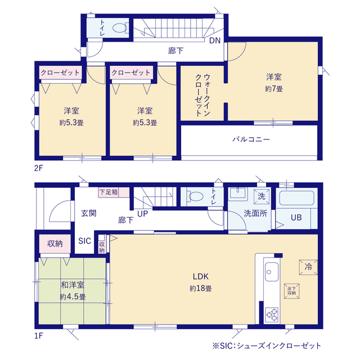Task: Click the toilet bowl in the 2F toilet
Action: (120, 28)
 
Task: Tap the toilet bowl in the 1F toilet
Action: (196, 196)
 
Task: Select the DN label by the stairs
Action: (215, 40)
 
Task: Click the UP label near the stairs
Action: (142, 214)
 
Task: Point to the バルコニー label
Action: (251, 139)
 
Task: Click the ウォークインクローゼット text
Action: (202, 95)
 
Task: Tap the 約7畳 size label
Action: (274, 89)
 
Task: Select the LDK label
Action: (200, 276)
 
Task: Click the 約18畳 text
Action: (200, 289)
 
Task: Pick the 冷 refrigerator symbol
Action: (308, 267)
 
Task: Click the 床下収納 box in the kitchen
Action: (291, 291)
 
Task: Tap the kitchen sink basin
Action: (272, 272)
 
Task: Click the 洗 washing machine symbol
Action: (261, 196)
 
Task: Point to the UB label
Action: (296, 218)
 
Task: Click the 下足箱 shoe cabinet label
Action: (109, 192)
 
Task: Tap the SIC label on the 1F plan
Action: (84, 241)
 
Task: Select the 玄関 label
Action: (89, 213)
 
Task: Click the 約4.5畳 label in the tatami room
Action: (73, 297)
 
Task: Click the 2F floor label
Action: (39, 168)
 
